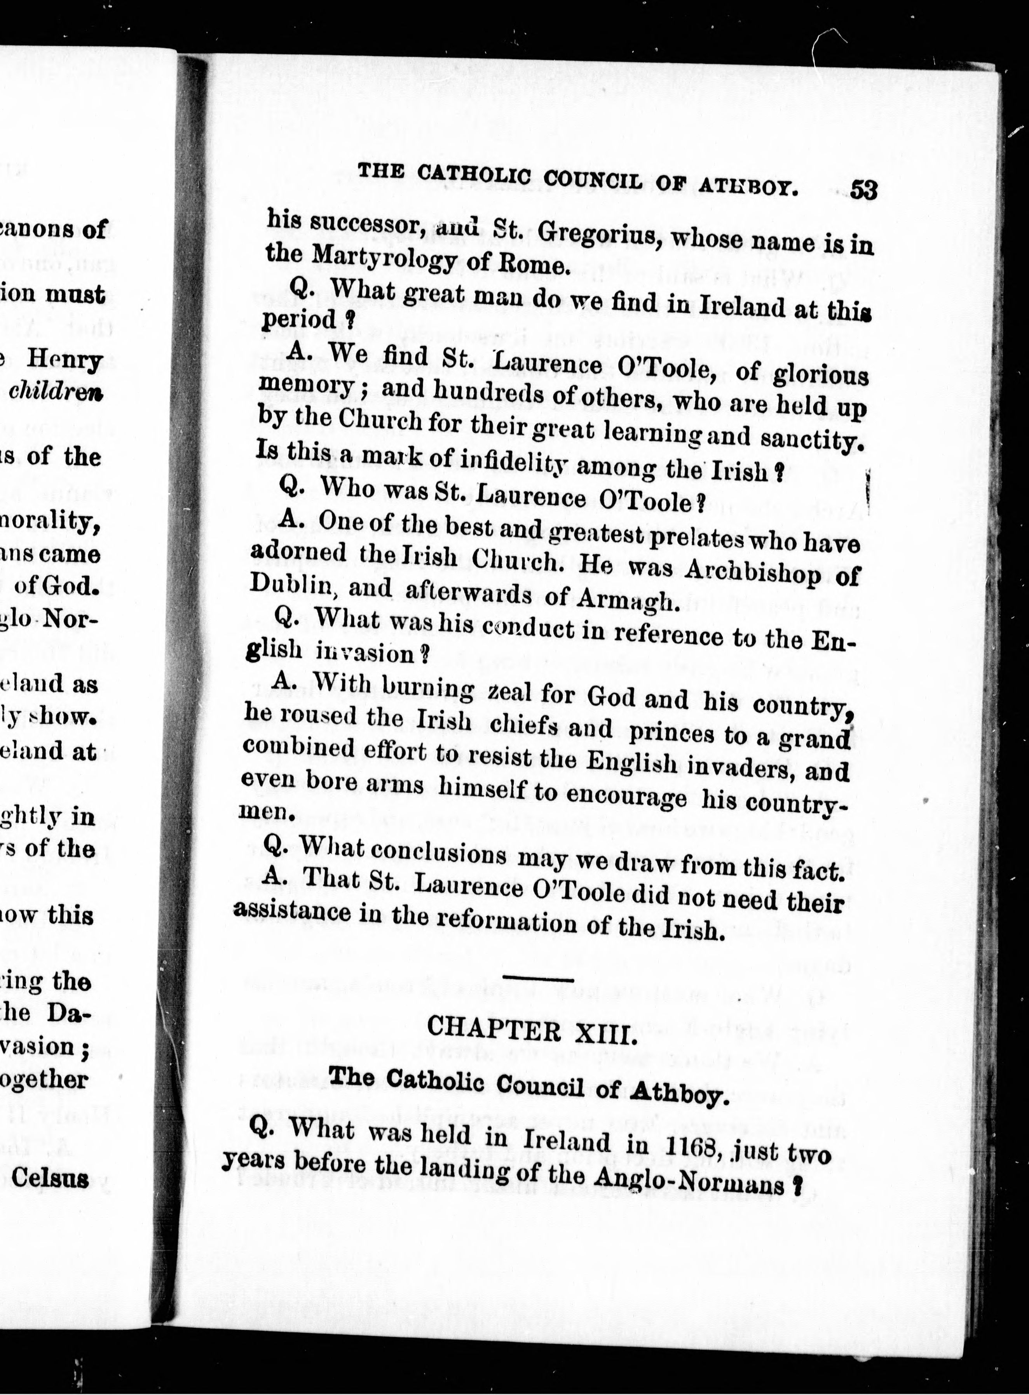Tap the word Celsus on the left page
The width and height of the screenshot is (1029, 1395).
pos(51,1178)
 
